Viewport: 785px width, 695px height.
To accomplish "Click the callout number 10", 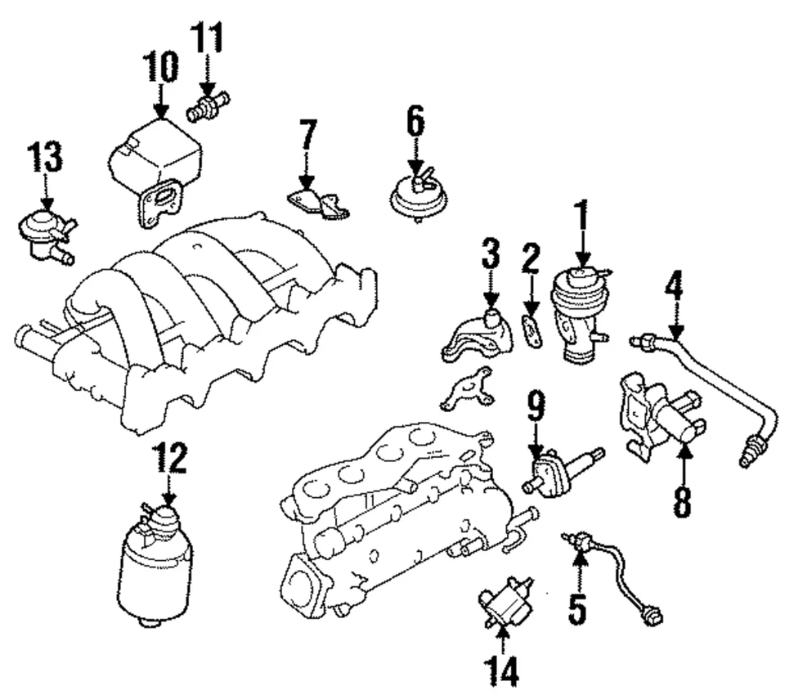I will (x=159, y=67).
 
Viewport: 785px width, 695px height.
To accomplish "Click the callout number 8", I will (x=681, y=502).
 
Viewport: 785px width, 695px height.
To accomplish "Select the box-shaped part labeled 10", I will (x=155, y=159).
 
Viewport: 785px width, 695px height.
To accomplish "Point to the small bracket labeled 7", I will (x=319, y=202).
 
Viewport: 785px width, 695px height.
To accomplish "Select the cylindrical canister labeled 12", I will (x=155, y=564).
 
